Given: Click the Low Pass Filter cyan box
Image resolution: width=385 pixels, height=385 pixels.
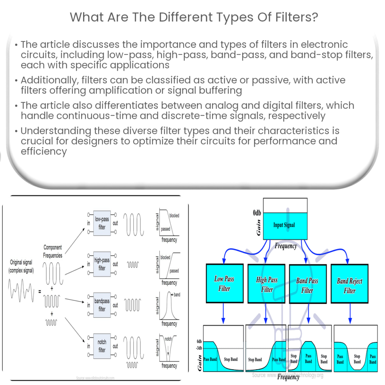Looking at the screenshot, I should [x=224, y=283].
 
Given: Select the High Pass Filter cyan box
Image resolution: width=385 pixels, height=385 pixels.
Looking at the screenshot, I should [x=267, y=284].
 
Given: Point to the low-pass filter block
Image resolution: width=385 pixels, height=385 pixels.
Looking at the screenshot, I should [x=102, y=223].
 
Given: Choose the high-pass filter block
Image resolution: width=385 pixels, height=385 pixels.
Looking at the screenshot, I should [x=102, y=264].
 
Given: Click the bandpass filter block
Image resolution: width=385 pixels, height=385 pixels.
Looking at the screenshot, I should [x=102, y=305].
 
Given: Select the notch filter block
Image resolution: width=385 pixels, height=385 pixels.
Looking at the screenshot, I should [x=102, y=346].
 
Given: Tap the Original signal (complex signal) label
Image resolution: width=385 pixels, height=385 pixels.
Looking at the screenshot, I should [x=21, y=266].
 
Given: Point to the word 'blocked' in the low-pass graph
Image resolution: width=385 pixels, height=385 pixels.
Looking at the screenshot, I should [x=174, y=215].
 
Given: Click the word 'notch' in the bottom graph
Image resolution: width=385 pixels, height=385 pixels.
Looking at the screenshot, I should [x=168, y=339].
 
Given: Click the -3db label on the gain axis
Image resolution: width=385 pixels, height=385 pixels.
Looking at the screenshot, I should [x=199, y=347].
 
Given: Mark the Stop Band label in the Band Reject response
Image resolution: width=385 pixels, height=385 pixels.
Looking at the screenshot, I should [x=357, y=359].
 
